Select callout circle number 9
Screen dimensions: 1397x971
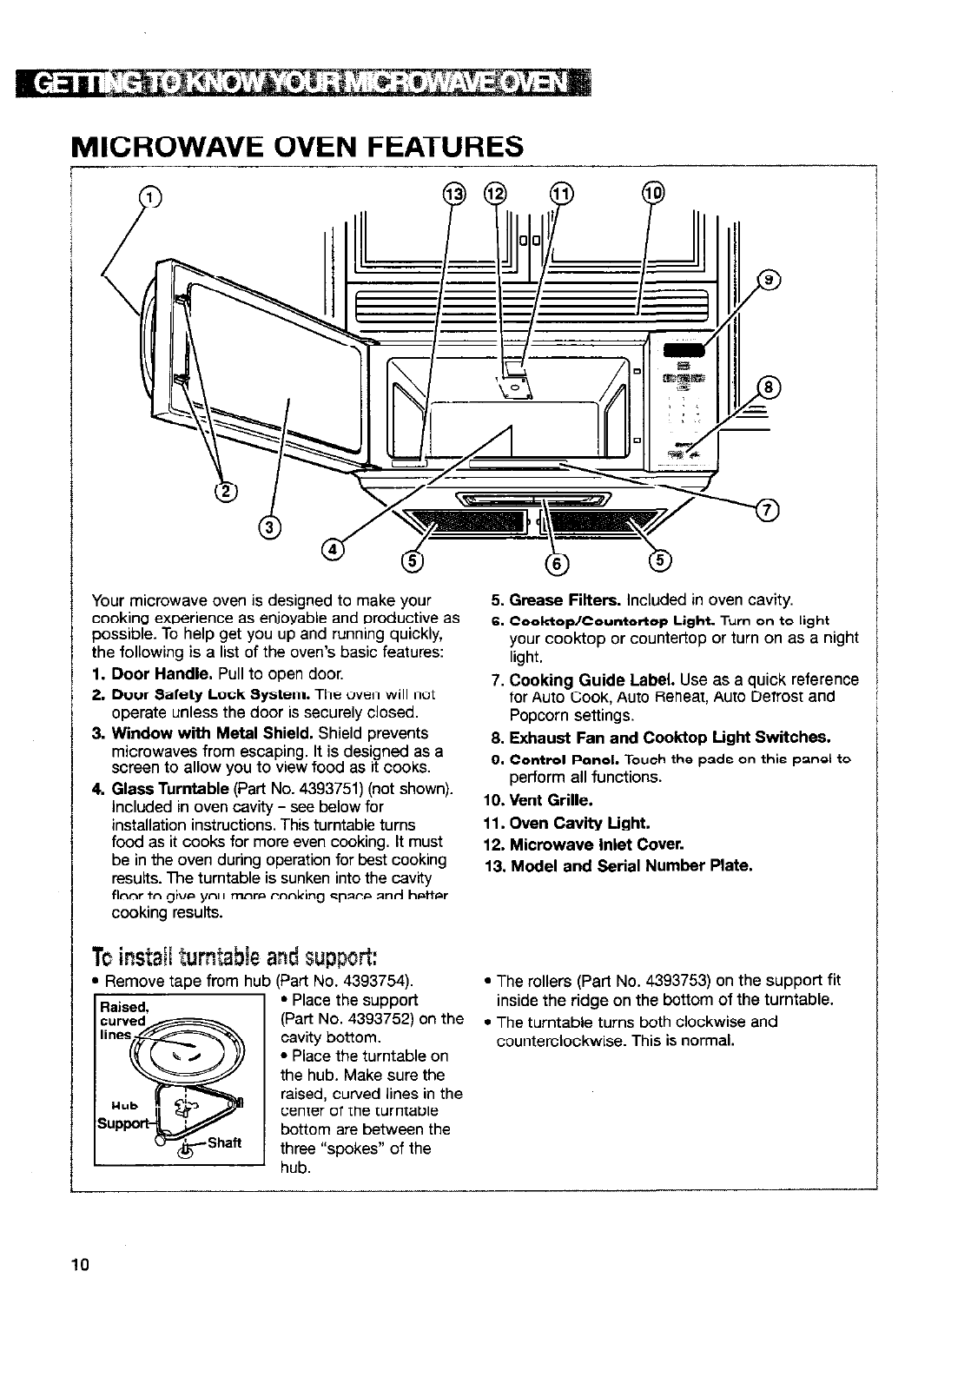coord(770,280)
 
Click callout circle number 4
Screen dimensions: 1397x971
coord(333,548)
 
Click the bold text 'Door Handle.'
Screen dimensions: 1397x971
coord(161,674)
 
